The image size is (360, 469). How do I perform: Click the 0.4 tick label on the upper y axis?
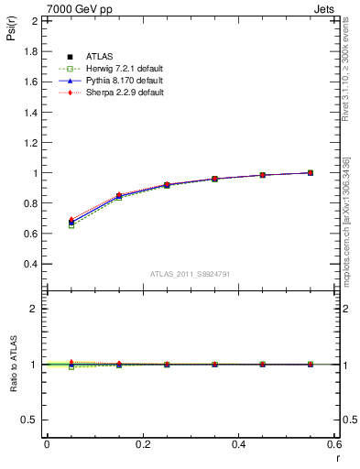point(30,264)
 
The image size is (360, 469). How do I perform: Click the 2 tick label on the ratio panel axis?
point(33,309)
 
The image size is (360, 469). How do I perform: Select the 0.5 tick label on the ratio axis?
point(30,420)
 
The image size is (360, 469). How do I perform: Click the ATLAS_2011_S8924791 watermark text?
point(192,273)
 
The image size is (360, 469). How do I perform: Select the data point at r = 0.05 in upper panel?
point(71,222)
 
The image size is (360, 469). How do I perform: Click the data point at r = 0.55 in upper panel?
point(311,172)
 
